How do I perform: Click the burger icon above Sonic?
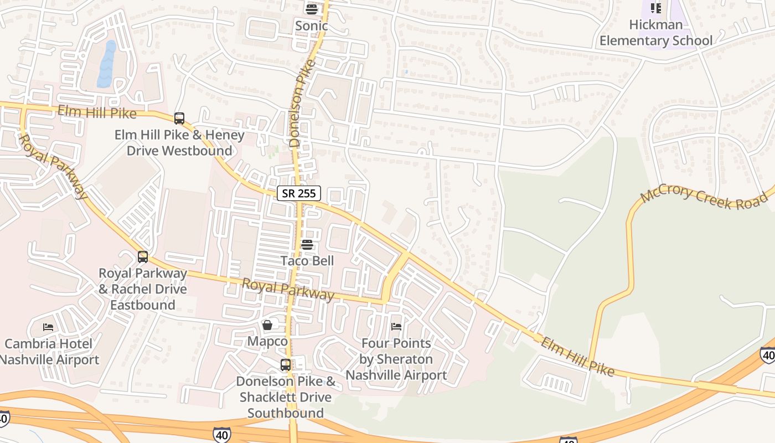pos(311,9)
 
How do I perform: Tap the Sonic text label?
pos(311,25)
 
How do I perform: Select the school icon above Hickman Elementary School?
pos(656,8)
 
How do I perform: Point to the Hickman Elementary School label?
pos(656,33)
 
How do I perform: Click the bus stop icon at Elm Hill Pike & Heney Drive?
pos(179,118)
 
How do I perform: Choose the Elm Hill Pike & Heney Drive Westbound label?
pos(179,143)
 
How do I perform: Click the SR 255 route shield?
pos(299,193)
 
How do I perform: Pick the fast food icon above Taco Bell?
pos(307,244)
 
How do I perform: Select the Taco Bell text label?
pos(307,261)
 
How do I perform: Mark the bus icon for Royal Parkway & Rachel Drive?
pos(143,256)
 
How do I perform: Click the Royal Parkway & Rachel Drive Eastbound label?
pos(143,289)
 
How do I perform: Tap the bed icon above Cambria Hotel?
pos(49,327)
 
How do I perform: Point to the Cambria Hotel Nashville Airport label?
pos(49,352)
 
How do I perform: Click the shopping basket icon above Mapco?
pos(267,324)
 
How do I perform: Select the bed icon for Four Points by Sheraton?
pos(396,326)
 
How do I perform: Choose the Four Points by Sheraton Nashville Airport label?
pos(396,359)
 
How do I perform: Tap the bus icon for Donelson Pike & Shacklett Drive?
pos(286,364)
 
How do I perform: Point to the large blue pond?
pos(107,64)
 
